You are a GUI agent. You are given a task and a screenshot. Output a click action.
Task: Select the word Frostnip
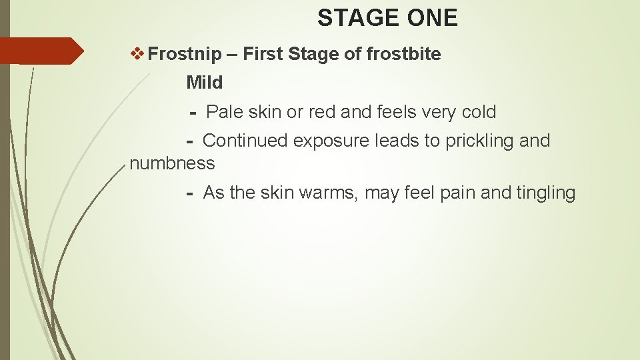185,54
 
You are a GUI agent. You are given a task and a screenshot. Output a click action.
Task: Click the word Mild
204,83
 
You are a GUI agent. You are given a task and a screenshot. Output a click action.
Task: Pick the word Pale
225,112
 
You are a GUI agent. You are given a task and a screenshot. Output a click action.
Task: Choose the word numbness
172,163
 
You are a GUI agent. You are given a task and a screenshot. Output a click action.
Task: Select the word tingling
545,193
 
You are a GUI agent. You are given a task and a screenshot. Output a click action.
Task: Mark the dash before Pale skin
193,113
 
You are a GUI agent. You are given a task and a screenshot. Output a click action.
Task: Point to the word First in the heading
263,54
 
